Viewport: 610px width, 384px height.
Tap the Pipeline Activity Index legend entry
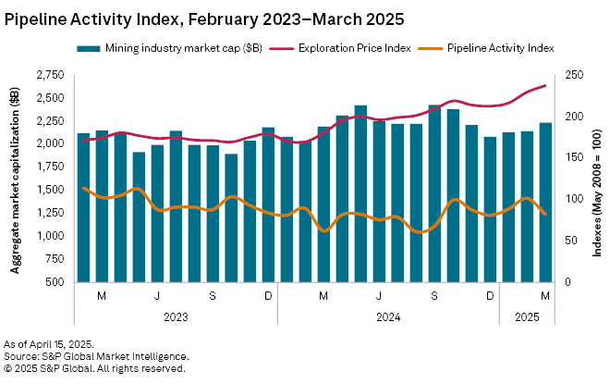[499, 46]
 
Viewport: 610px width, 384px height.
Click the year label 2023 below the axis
[176, 316]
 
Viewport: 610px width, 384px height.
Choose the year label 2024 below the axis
[388, 316]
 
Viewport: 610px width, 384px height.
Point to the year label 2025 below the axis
[527, 316]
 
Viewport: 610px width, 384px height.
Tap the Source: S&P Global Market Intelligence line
[96, 355]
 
